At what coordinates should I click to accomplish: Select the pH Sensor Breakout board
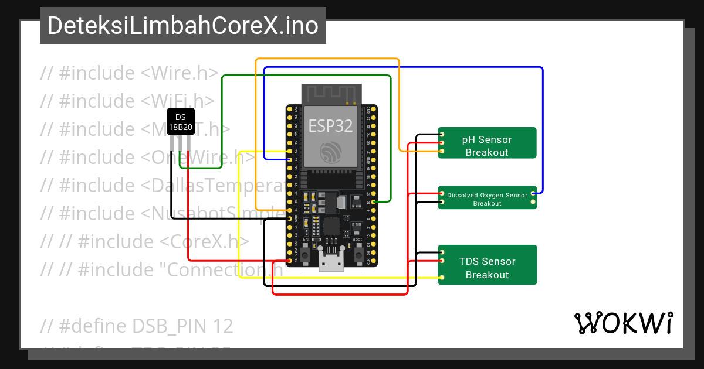click(x=488, y=143)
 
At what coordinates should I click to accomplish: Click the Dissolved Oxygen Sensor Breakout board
click(x=488, y=198)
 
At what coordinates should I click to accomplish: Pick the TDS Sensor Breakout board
click(x=488, y=265)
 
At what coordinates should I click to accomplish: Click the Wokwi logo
click(x=623, y=323)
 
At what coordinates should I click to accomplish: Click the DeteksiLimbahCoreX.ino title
click(x=183, y=26)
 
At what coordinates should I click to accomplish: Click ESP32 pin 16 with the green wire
click(x=374, y=201)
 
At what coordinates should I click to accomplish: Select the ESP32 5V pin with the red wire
click(x=290, y=260)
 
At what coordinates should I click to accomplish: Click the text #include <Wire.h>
click(x=130, y=73)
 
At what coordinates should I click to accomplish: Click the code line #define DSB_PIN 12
click(x=137, y=326)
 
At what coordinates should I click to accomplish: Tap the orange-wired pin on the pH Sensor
click(x=441, y=152)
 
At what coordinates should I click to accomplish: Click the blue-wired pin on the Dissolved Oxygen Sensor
click(x=533, y=193)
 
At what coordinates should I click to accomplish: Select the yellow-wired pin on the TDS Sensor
click(x=441, y=276)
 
